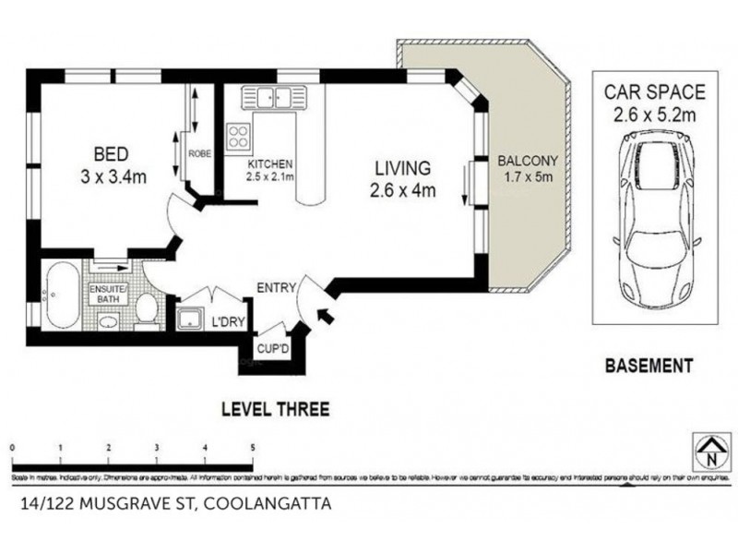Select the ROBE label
pos(200,154)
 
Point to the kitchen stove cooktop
pos(238,136)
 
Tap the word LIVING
pos(402,169)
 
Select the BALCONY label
pos(527,159)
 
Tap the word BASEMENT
pos(648,367)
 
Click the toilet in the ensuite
pos(146,310)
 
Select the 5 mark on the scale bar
pos(253,447)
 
